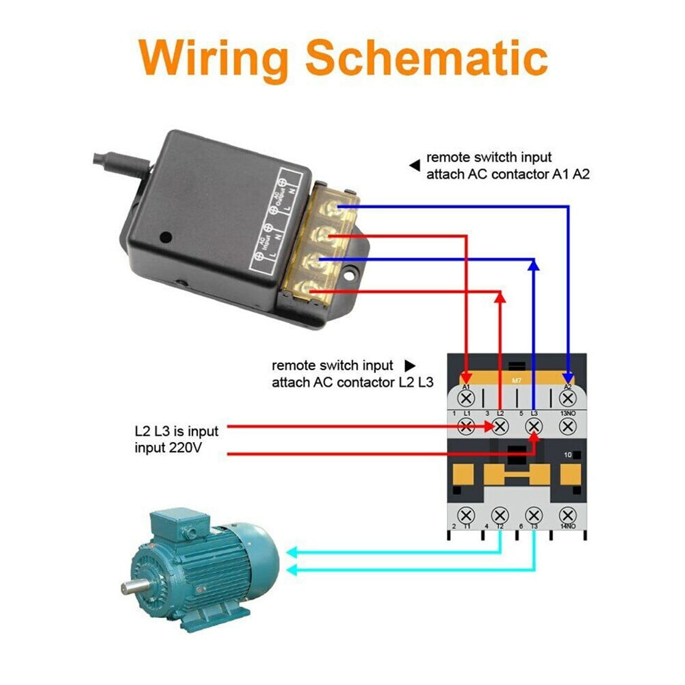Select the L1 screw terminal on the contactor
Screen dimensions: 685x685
(466, 426)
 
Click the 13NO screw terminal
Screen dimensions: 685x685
(567, 426)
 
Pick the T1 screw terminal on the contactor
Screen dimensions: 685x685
(466, 514)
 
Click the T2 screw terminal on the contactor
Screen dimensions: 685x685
(500, 514)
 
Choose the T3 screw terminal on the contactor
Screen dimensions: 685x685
(534, 514)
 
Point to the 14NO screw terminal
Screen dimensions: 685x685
(567, 514)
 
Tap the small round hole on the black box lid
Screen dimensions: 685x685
(165, 237)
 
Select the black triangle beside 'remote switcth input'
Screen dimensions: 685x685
(414, 165)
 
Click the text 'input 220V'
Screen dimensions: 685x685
(168, 448)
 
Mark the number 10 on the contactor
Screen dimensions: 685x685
(567, 454)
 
